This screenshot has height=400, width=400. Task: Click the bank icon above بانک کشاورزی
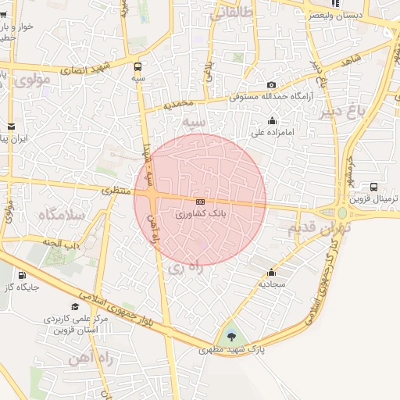tap(201, 202)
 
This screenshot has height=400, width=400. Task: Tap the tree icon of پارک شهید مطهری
tap(231, 337)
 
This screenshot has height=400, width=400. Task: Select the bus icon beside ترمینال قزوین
tap(374, 187)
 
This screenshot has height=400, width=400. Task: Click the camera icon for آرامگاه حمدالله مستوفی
tap(271, 85)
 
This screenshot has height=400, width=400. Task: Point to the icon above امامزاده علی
tap(271, 121)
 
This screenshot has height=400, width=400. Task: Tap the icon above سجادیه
tap(271, 273)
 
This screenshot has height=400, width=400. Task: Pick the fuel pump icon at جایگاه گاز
tap(21, 275)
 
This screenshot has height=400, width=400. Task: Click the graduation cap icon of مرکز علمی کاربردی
tap(75, 306)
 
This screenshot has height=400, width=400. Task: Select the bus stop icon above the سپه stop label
tap(138, 67)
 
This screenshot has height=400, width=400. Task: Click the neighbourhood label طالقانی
tap(234, 12)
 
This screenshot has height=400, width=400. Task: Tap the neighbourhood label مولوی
tap(32, 79)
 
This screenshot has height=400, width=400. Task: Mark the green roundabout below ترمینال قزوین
tap(342, 212)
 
